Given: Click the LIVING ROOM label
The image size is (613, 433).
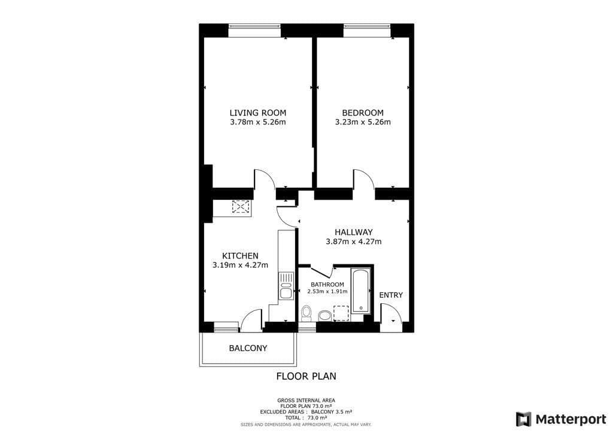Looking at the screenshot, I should tap(258, 112).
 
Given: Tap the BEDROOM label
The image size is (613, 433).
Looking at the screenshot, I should tap(363, 112).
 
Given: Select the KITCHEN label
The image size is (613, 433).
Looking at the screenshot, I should tap(240, 255).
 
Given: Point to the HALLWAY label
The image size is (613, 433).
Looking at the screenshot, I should tap(354, 232).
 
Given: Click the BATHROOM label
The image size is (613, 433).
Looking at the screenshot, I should tap(327, 284).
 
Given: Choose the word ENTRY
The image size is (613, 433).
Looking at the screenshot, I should tap(391, 295).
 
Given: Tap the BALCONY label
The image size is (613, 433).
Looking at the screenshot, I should tap(248, 348).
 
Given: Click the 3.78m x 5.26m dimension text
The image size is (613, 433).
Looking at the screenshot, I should tap(258, 123).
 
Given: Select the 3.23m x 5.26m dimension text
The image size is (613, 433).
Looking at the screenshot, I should tap(363, 123).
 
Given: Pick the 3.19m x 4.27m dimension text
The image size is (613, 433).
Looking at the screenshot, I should tap(240, 265).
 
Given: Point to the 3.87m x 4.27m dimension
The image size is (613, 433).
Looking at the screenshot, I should tap(354, 242).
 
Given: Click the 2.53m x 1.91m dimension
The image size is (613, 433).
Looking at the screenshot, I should tap(327, 292).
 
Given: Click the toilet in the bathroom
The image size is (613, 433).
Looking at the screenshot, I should tap(306, 313).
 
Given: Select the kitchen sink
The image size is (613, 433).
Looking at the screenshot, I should tap(286, 292).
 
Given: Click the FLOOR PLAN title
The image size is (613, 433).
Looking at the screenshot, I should tap(306, 376).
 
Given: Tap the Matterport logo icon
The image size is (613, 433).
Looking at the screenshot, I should tap(523, 419).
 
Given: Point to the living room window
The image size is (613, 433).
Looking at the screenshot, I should tap(254, 31).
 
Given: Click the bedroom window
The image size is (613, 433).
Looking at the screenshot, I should tap(367, 31).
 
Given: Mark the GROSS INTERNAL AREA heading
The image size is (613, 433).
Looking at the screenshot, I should tap(306, 400).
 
